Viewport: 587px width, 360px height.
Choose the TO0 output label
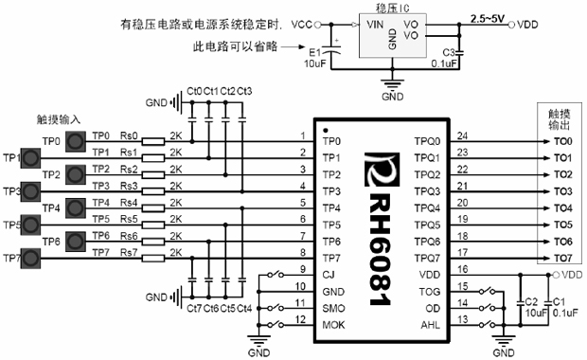(x=562, y=141)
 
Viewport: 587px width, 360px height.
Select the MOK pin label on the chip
(x=332, y=326)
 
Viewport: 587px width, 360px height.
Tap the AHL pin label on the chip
(x=429, y=325)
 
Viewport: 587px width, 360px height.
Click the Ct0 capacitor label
(x=195, y=91)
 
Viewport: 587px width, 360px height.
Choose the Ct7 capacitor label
(x=194, y=310)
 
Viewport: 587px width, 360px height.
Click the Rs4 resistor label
(x=129, y=202)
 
